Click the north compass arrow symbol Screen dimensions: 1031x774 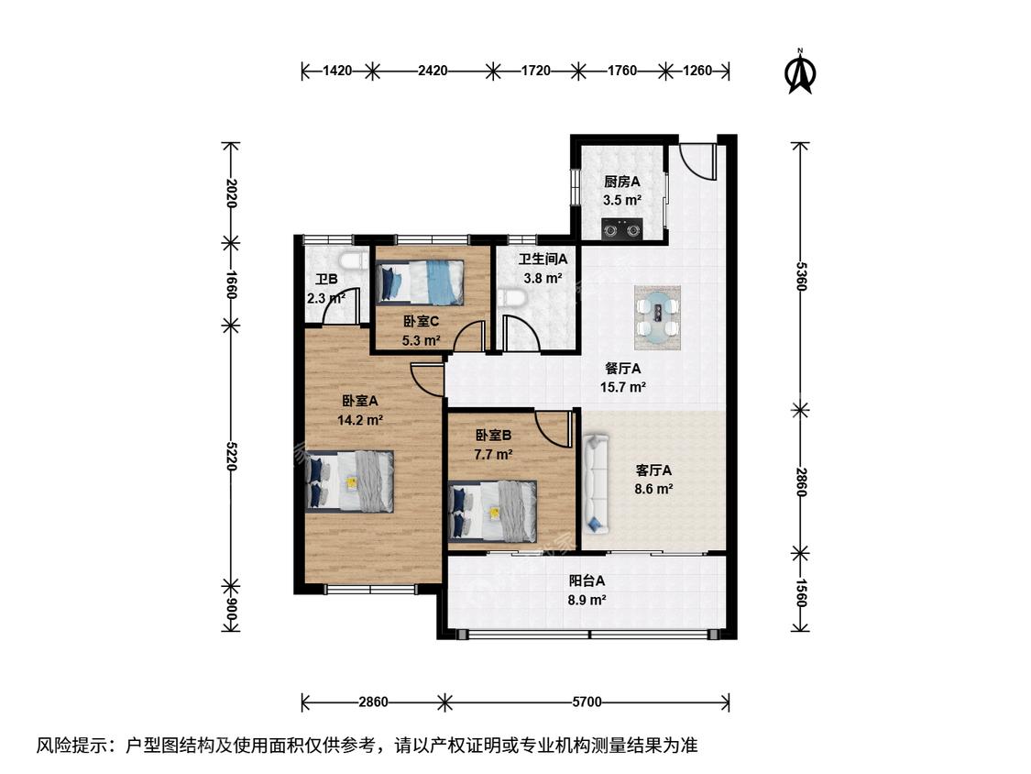800,72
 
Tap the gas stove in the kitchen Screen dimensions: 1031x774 622,229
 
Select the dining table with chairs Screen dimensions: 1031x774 657,318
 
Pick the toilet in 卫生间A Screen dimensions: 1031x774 511,299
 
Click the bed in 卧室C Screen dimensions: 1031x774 420,282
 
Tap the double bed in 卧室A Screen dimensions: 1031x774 350,481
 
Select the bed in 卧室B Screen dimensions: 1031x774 492,512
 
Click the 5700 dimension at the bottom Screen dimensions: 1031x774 587,702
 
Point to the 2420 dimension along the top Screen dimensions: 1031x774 433,71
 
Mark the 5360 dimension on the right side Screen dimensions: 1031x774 800,276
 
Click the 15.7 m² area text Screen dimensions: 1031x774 622,387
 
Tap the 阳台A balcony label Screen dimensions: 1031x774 587,581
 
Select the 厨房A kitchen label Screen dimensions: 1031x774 622,182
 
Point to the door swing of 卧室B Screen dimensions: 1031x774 553,430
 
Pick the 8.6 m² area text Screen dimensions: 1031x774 653,489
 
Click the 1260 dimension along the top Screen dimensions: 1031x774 697,71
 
